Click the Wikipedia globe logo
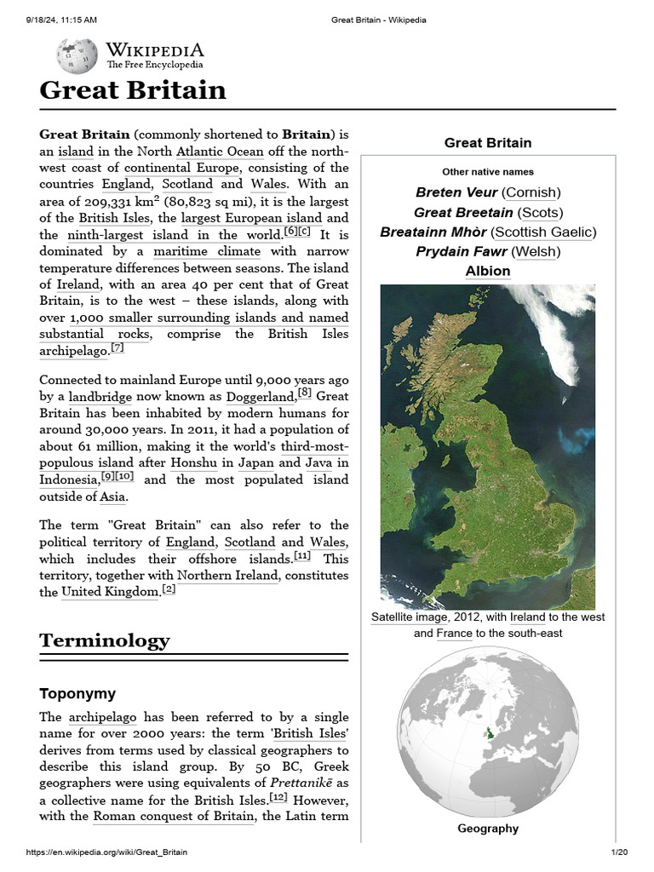coord(77,56)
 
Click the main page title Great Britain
coord(133,90)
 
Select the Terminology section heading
coord(105,640)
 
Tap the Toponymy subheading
coord(77,693)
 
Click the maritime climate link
coord(208,251)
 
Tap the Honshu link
coord(193,462)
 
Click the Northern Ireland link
coord(227,576)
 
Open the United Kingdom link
coord(110,592)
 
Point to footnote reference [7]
coord(118,348)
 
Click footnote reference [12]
coord(278,798)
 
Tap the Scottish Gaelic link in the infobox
coord(545,232)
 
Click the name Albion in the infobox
coord(488,271)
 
